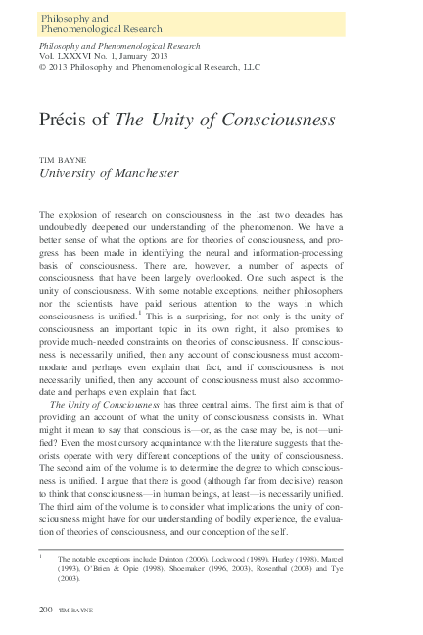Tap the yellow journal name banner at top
coord(191,24)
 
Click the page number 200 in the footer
coord(45,610)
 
